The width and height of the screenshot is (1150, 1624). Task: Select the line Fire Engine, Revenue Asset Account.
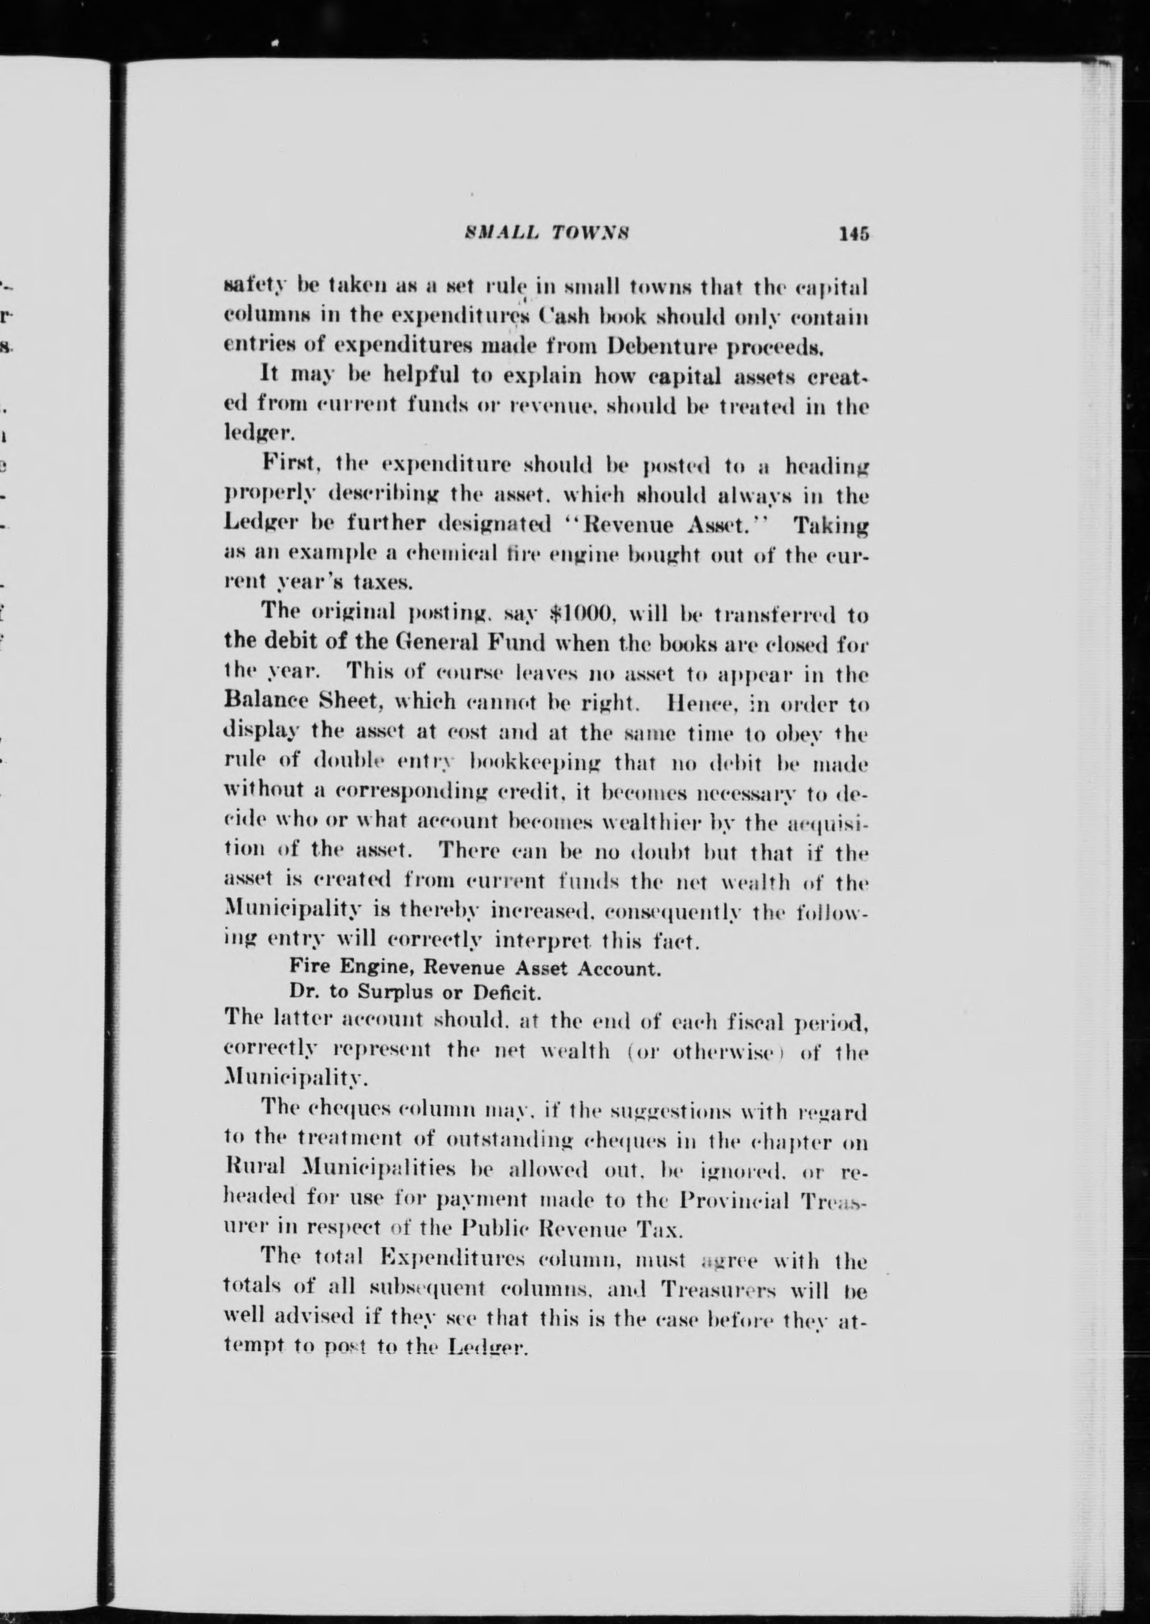pyautogui.click(x=475, y=968)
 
